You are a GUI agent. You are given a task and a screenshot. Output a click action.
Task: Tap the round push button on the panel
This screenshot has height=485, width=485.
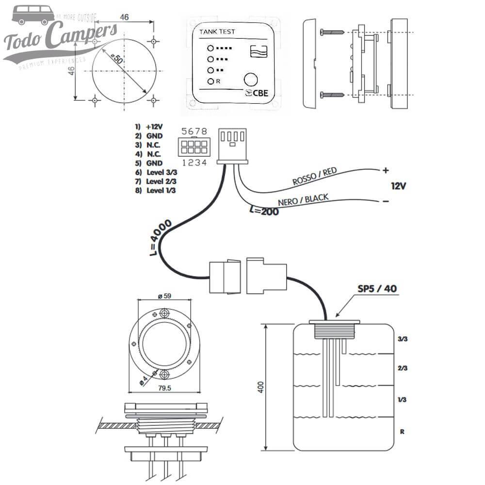[x=251, y=80]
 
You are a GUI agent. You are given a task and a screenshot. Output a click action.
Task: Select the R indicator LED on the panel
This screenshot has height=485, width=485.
[x=210, y=81]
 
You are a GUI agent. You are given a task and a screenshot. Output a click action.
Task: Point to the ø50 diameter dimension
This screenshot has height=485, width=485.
[x=117, y=60]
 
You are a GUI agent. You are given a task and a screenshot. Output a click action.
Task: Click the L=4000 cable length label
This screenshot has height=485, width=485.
[x=160, y=238]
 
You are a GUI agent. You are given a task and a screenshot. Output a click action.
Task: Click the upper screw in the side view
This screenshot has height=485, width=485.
[x=332, y=32]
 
